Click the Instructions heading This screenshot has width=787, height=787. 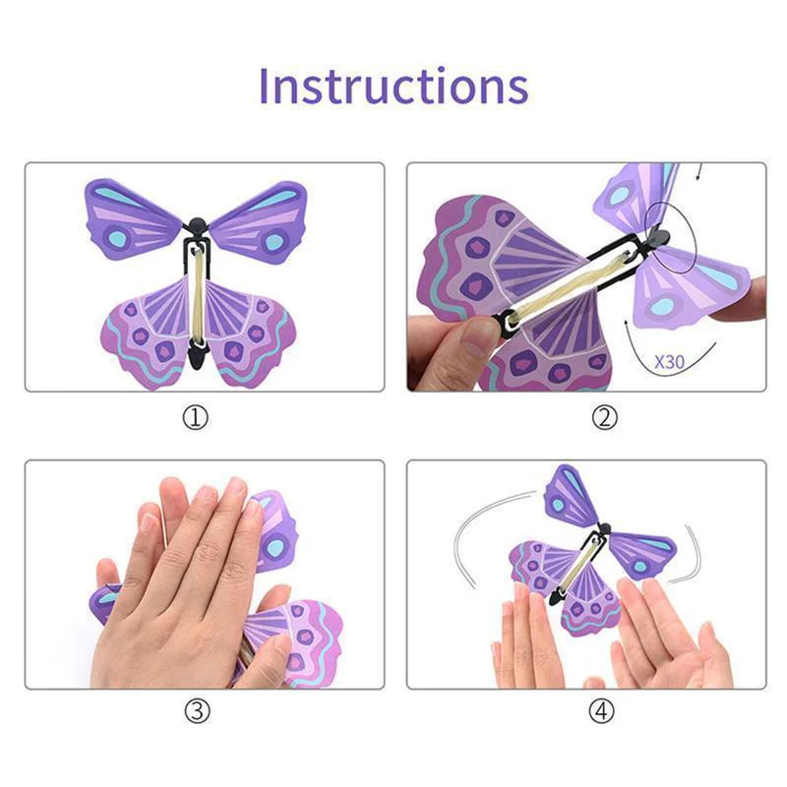coord(393,86)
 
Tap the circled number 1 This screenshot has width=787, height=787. coord(197,417)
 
